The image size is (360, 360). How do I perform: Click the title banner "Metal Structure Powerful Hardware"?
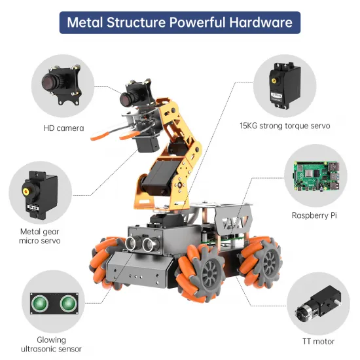coord(180,22)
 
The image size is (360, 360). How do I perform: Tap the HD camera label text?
coord(63,128)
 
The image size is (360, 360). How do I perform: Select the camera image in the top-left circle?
coord(63,86)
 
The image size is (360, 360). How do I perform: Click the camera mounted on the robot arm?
coord(133,96)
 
